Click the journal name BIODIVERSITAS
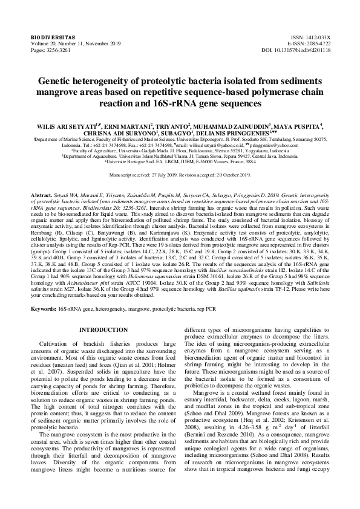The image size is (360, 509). click(38, 37)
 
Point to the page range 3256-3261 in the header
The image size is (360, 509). click(51, 50)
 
